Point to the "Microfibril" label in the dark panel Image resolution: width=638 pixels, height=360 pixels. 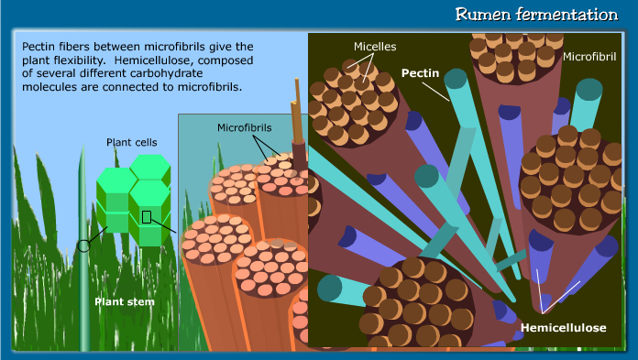pyautogui.click(x=590, y=57)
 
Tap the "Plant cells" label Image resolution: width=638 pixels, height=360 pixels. pyautogui.click(x=132, y=143)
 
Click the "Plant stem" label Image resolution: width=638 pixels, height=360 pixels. pyautogui.click(x=122, y=300)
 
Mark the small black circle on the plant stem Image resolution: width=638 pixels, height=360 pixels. pyautogui.click(x=83, y=245)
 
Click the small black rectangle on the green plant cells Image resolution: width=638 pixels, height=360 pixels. pyautogui.click(x=146, y=217)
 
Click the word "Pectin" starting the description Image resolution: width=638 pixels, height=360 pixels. pyautogui.click(x=36, y=46)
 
